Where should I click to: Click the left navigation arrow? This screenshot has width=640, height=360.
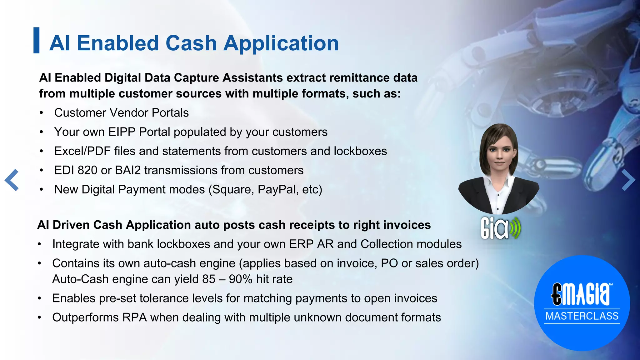click(x=12, y=180)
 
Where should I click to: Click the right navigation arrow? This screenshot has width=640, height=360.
click(x=628, y=180)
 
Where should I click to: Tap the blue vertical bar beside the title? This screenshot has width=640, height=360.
click(x=37, y=40)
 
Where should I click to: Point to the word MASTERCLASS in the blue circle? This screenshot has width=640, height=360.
click(x=582, y=316)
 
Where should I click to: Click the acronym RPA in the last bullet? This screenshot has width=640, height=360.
click(x=135, y=317)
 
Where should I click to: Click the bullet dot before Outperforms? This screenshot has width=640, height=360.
click(x=39, y=318)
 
